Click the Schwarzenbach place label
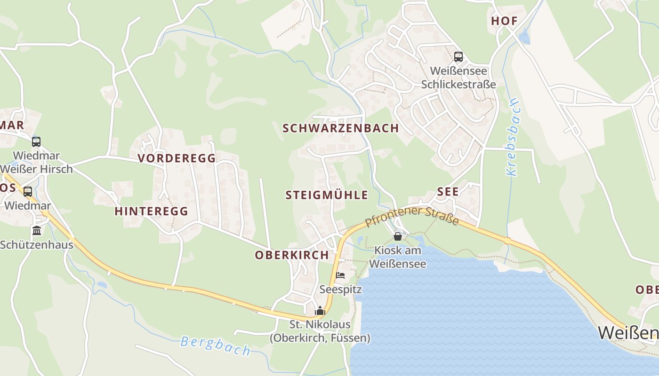(x=340, y=128)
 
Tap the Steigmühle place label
(x=327, y=195)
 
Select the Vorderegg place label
(x=177, y=158)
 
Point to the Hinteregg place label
(x=151, y=211)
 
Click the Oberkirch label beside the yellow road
(x=291, y=255)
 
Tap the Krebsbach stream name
(x=512, y=137)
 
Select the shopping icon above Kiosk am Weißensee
(x=398, y=236)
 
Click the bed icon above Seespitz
(x=340, y=275)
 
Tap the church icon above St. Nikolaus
(x=320, y=311)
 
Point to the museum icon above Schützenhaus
(x=37, y=231)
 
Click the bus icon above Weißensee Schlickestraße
(x=458, y=57)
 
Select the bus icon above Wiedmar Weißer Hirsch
(x=36, y=141)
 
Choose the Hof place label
(x=504, y=21)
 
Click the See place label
(x=448, y=192)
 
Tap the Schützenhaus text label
(x=37, y=245)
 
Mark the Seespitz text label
(x=340, y=289)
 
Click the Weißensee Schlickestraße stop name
(x=458, y=78)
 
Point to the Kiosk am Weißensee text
(x=397, y=257)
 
